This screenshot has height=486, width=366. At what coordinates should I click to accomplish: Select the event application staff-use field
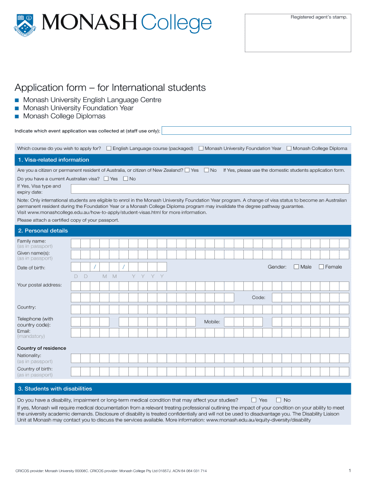click(x=257, y=131)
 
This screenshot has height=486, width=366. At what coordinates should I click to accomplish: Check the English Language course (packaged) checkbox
click(x=109, y=149)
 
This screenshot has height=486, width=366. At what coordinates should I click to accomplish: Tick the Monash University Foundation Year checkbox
click(x=201, y=149)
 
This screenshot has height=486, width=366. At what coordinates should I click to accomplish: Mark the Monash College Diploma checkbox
click(x=289, y=149)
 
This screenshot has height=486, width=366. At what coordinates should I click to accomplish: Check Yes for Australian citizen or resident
click(x=187, y=170)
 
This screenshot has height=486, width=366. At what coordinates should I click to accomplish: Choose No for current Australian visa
click(x=125, y=179)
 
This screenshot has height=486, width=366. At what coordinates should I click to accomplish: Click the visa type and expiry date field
click(x=210, y=189)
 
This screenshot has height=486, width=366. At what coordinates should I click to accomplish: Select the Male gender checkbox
click(x=297, y=267)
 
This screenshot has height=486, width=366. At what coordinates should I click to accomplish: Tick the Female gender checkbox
click(x=321, y=267)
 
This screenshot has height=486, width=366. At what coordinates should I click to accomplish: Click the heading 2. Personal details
click(x=43, y=231)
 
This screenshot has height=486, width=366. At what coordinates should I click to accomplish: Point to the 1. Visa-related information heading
click(x=53, y=160)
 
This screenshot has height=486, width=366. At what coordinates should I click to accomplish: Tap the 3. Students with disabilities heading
click(x=55, y=389)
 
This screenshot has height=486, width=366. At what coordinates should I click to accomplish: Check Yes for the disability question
click(x=254, y=400)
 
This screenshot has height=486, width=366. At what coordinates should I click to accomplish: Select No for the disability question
click(x=279, y=400)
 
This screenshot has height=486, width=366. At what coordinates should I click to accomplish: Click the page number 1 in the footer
click(x=349, y=470)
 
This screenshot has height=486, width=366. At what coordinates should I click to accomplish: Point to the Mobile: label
click(x=212, y=322)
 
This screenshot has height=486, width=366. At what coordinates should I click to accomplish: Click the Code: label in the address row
click(x=259, y=298)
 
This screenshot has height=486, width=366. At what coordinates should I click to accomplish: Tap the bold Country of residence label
click(x=42, y=348)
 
